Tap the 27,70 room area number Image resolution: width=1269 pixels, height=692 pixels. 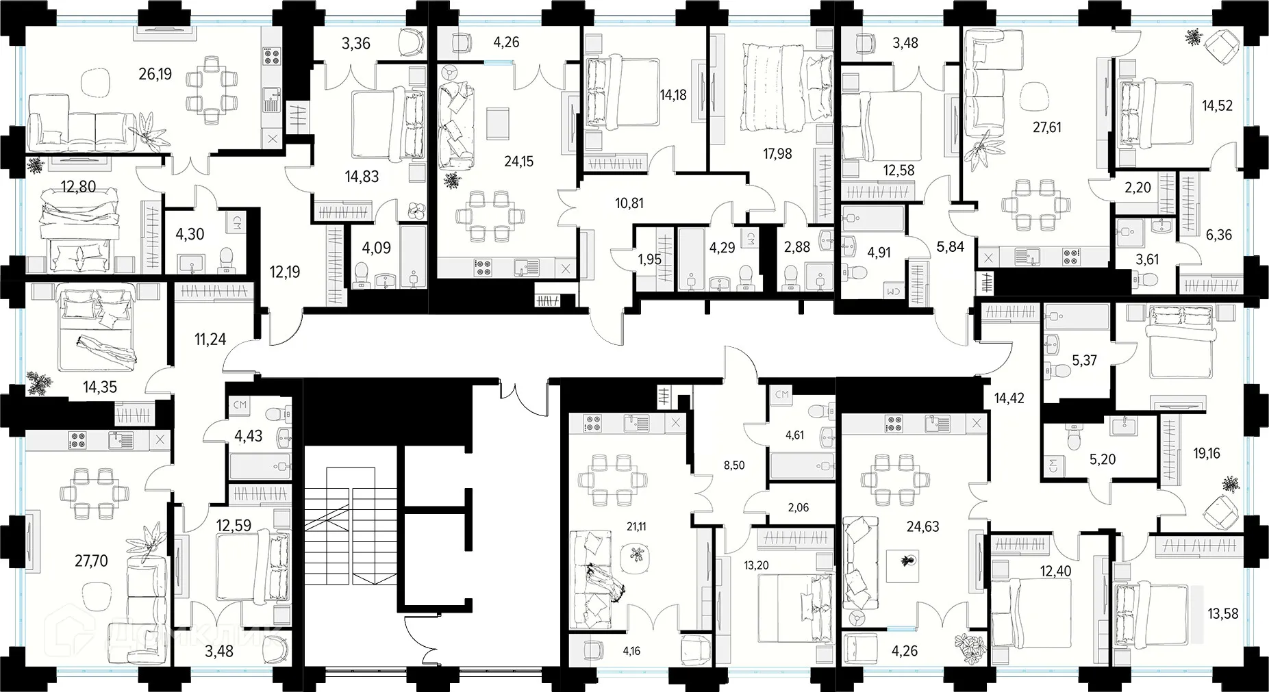pos(90,561)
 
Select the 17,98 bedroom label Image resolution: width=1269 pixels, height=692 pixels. pos(777,154)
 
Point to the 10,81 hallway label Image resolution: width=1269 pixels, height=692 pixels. pos(629,203)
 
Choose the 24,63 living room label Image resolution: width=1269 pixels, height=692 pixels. pos(922,527)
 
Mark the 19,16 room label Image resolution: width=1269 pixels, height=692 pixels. pos(1206,453)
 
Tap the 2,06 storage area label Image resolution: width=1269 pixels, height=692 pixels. pos(798,507)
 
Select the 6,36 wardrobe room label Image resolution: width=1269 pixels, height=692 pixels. pos(1218,235)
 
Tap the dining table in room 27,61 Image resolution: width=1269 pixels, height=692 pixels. pos(1035,203)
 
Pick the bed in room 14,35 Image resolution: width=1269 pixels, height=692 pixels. pos(96,329)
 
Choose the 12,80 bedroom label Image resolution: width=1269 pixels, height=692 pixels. pos(78,185)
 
